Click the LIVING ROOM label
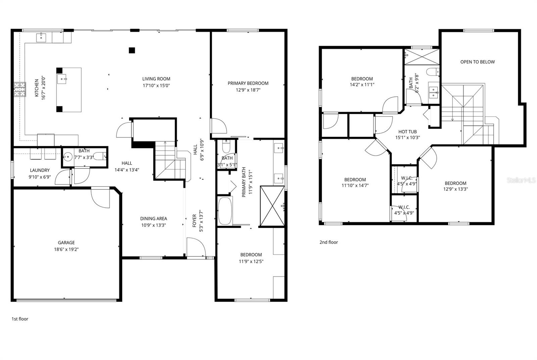tap(156, 79)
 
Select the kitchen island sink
tap(62, 80)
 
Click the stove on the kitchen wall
tap(20, 90)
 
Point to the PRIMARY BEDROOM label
tap(248, 83)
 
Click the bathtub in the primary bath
tap(225, 211)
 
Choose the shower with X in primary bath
tap(272, 206)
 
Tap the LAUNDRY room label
tap(40, 170)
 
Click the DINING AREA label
tap(153, 219)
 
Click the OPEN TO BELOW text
tap(477, 62)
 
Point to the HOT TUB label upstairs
tap(407, 132)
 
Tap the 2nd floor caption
tap(329, 242)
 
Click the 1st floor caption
tap(20, 319)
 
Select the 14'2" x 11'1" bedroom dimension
tap(362, 85)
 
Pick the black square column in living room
tap(132, 50)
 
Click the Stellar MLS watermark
tap(521, 180)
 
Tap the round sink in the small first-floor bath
tap(68, 156)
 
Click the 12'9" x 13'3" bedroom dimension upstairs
tap(455, 189)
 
